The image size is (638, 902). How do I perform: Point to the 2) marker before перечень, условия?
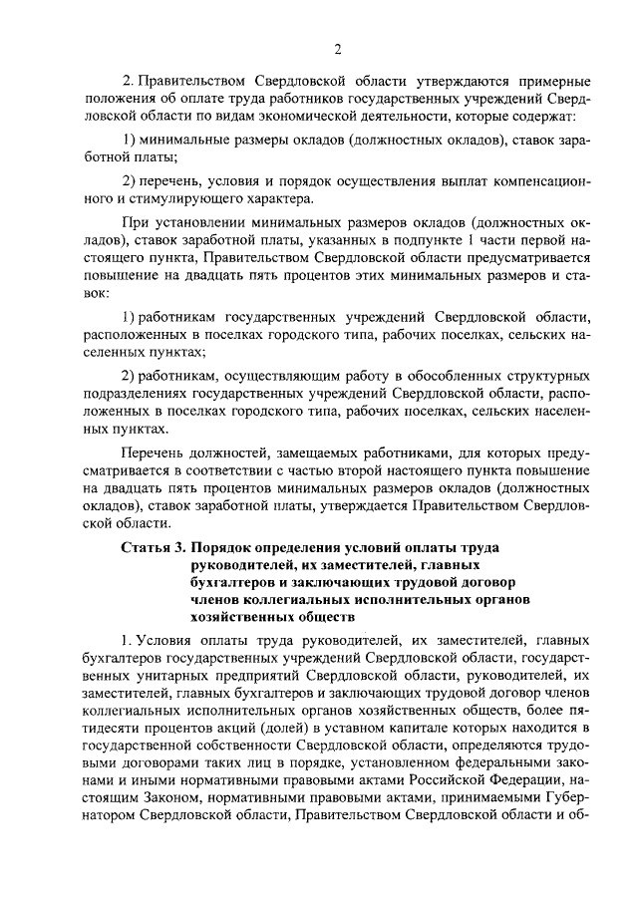[128, 179]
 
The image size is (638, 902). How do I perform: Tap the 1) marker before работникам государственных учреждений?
[128, 315]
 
